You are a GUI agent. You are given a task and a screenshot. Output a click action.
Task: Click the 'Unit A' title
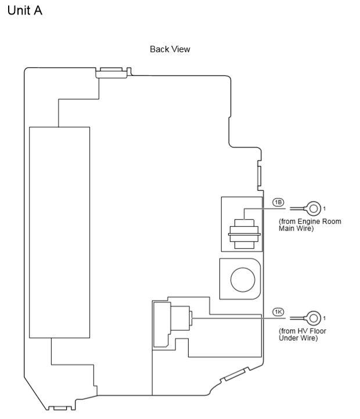pyautogui.click(x=24, y=11)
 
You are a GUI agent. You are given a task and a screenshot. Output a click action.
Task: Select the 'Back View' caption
pyautogui.click(x=170, y=49)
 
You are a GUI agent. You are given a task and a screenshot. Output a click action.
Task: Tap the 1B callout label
pyautogui.click(x=278, y=202)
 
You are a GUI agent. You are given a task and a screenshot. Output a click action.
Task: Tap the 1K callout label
pyautogui.click(x=278, y=312)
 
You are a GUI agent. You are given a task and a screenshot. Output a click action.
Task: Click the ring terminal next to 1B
pyautogui.click(x=314, y=208)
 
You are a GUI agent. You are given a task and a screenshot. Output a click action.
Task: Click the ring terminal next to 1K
pyautogui.click(x=314, y=318)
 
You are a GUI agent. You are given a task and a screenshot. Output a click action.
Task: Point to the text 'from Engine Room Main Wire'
pyautogui.click(x=309, y=225)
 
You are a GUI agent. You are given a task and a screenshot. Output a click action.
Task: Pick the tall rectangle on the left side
pyautogui.click(x=59, y=232)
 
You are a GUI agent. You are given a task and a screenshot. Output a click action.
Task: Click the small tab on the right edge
pyautogui.click(x=259, y=174)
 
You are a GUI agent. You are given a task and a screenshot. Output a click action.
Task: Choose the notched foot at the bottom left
pyautogui.click(x=60, y=404)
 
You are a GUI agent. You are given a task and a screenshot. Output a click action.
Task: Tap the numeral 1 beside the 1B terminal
pyautogui.click(x=325, y=208)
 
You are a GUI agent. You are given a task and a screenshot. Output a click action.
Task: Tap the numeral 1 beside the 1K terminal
pyautogui.click(x=325, y=318)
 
